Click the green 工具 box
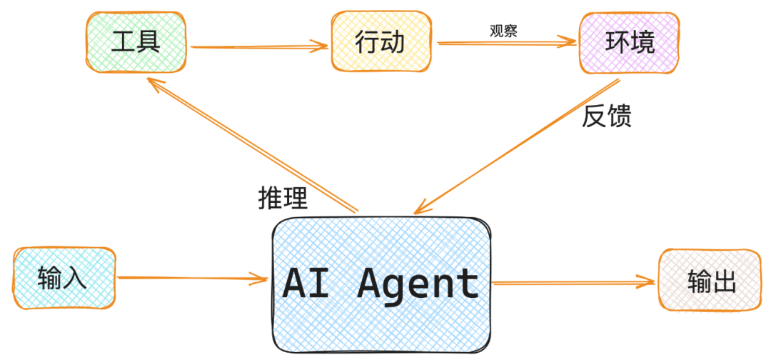136,44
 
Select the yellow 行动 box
381,44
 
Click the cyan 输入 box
63,278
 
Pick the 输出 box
711,279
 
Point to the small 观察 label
503,31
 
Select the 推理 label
283,198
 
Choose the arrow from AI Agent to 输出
571,283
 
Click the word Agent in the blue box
418,284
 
